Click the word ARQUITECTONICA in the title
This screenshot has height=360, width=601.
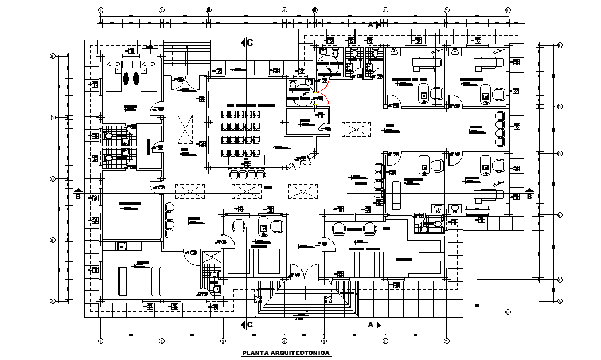click(302, 353)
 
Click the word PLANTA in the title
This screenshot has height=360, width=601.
click(255, 353)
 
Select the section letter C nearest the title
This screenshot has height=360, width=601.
click(250, 324)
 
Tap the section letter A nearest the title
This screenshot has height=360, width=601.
click(370, 324)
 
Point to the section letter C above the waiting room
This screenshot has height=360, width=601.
click(250, 42)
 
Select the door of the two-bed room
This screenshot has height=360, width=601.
click(155, 109)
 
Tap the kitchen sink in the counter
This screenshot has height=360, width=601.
click(122, 246)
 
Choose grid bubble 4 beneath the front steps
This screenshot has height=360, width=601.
click(284, 341)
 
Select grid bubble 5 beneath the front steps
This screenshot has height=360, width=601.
click(323, 341)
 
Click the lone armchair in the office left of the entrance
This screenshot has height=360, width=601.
click(238, 226)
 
